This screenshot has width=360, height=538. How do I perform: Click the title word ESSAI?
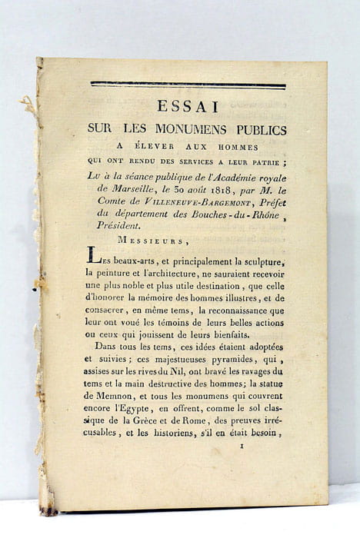click(188, 107)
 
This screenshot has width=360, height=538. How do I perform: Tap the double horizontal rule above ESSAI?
click(188, 85)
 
